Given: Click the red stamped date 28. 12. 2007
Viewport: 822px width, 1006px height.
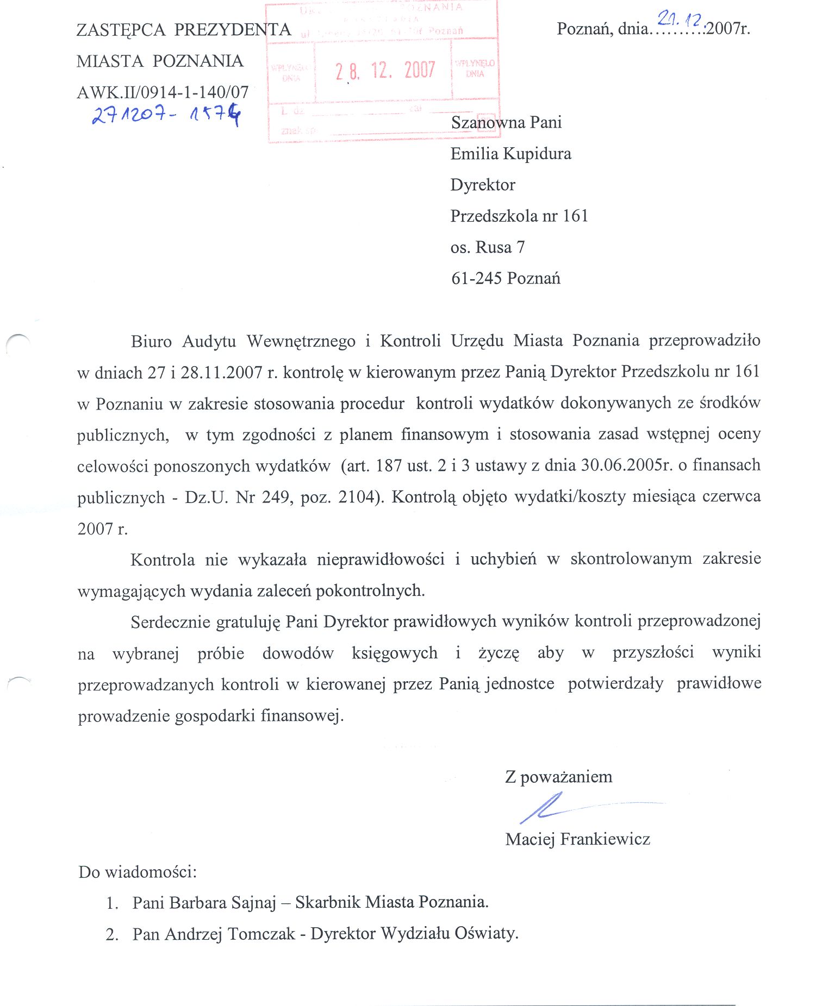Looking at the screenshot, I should tap(385, 71).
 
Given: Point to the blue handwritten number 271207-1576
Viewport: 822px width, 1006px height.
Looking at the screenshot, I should tap(166, 115).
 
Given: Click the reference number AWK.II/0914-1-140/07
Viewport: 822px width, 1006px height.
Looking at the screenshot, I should tap(163, 92).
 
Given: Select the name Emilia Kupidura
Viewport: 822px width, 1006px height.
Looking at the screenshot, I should tap(510, 154).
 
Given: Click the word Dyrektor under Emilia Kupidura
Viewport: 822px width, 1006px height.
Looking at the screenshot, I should tap(483, 185).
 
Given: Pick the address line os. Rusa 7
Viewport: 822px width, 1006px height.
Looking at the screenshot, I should tap(488, 247).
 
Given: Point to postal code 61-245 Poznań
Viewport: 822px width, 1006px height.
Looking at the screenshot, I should tap(506, 278).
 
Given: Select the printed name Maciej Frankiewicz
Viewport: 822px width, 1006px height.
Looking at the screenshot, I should tap(577, 839).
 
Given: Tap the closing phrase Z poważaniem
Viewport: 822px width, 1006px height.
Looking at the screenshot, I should tap(558, 776).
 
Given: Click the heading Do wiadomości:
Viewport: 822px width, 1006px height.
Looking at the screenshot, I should tap(138, 872).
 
